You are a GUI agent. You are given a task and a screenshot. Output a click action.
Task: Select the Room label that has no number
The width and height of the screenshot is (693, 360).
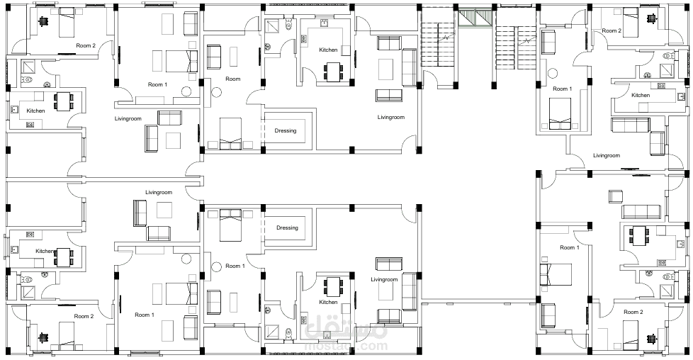tap(233, 79)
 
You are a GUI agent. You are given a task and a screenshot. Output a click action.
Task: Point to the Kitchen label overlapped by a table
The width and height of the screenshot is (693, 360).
tap(45, 251)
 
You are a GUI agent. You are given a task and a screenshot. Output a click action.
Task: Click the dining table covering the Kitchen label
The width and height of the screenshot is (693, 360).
tap(64, 257)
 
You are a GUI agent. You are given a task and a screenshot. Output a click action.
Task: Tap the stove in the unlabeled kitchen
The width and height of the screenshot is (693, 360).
tap(661, 263)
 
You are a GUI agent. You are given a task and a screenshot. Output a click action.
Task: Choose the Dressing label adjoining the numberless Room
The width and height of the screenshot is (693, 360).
tap(286, 131)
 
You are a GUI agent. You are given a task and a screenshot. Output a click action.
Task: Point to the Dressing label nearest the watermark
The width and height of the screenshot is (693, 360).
tap(287, 227)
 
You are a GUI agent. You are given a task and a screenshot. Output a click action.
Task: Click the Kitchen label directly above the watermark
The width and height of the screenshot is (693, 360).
tap(328, 302)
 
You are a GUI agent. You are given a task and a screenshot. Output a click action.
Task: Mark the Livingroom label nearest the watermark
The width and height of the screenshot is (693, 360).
tap(384, 279)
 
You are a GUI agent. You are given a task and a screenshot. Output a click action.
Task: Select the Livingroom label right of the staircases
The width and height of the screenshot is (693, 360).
tap(607, 156)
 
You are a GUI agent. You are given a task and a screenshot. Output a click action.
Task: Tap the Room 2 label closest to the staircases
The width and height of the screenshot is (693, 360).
tap(612, 31)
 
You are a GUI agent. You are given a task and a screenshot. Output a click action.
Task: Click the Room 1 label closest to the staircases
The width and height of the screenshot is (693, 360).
tap(562, 89)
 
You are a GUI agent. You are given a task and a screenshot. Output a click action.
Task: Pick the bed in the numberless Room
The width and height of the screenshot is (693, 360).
tap(231, 129)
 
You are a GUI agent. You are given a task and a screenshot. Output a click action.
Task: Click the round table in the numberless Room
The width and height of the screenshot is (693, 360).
tap(216, 93)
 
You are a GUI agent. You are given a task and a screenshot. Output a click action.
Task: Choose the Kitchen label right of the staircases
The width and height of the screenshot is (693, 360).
tap(641, 95)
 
